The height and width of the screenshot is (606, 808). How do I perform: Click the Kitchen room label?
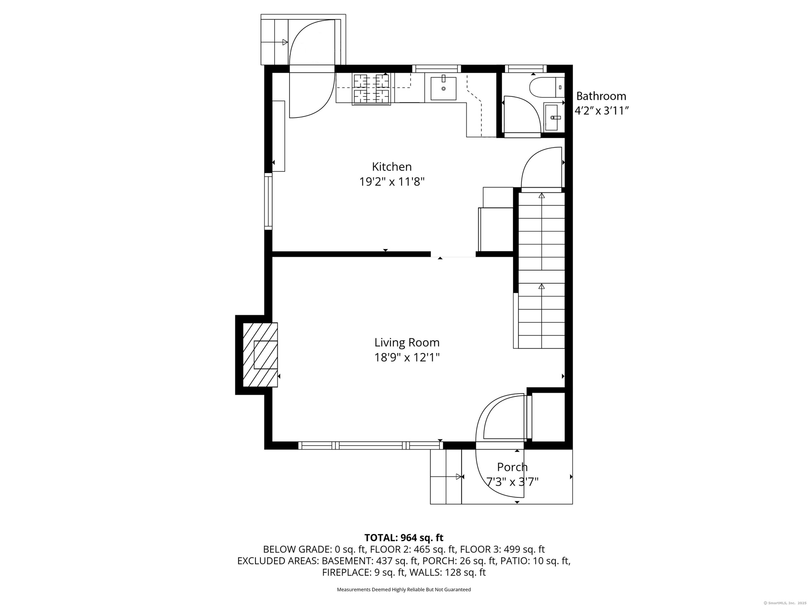click(392, 167)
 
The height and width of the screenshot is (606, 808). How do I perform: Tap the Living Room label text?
click(407, 343)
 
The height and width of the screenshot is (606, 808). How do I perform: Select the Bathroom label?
click(601, 96)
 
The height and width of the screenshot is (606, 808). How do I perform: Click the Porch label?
click(512, 467)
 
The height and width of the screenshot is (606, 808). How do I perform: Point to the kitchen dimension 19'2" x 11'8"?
click(392, 182)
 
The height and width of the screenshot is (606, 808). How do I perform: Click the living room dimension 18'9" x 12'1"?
click(407, 358)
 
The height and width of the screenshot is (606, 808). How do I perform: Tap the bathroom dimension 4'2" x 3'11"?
click(602, 111)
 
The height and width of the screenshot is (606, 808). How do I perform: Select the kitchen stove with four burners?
click(372, 88)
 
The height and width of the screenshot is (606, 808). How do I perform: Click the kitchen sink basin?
click(443, 88)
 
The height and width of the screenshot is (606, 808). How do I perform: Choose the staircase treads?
click(541, 270)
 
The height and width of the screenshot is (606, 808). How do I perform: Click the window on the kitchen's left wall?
click(268, 201)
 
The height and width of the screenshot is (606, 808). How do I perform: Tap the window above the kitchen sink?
click(436, 69)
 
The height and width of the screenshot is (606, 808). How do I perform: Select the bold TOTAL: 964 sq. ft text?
click(404, 537)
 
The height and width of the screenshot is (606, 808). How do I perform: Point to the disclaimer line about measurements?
click(404, 590)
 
